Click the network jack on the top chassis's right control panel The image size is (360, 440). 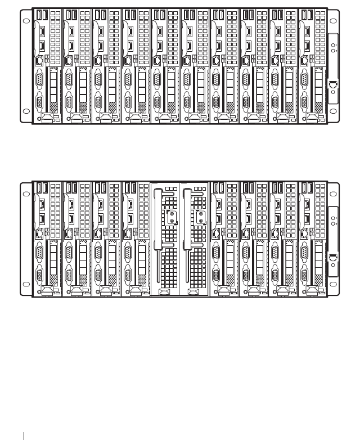(x=332, y=85)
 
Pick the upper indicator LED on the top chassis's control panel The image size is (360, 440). (x=332, y=46)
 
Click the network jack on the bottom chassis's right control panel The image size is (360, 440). (x=332, y=258)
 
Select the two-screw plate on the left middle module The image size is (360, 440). (x=171, y=218)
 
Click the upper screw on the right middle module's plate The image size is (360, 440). (x=201, y=214)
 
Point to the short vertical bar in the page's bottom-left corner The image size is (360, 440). (x=25, y=434)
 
